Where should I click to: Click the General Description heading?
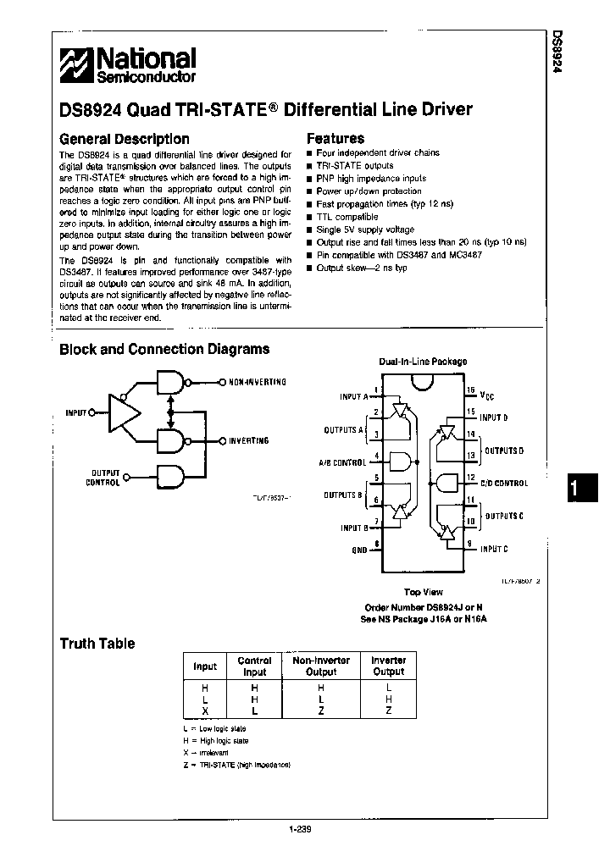click(124, 138)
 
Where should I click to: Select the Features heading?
click(335, 138)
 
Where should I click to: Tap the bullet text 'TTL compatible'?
click(347, 217)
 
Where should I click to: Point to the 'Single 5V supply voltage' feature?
click(365, 229)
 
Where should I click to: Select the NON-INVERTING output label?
click(258, 382)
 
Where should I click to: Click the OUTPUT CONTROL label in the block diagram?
click(103, 478)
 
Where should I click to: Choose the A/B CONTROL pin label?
click(342, 462)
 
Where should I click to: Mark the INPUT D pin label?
click(494, 417)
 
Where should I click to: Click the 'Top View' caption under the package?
click(423, 593)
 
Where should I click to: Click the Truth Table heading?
click(97, 644)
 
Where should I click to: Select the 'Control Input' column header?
click(254, 666)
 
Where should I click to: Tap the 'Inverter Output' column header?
click(389, 666)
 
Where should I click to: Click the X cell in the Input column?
click(204, 710)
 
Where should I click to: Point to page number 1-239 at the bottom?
click(301, 829)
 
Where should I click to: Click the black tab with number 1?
click(577, 489)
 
